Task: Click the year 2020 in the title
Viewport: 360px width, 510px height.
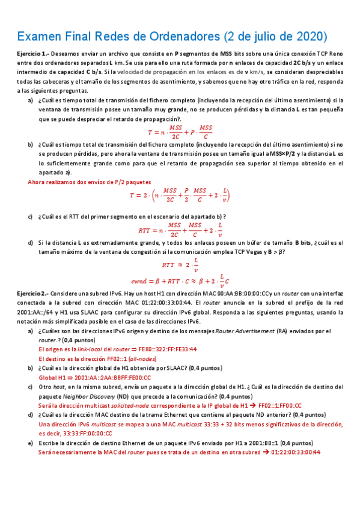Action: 306,37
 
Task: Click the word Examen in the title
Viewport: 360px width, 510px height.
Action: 40,37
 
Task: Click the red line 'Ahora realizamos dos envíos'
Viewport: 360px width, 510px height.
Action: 90,182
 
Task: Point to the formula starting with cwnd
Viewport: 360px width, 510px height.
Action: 180,280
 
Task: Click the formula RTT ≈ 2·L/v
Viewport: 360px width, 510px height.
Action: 180,263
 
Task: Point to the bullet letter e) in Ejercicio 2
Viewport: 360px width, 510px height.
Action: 31,443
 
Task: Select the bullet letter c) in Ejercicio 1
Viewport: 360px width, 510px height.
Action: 31,216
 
